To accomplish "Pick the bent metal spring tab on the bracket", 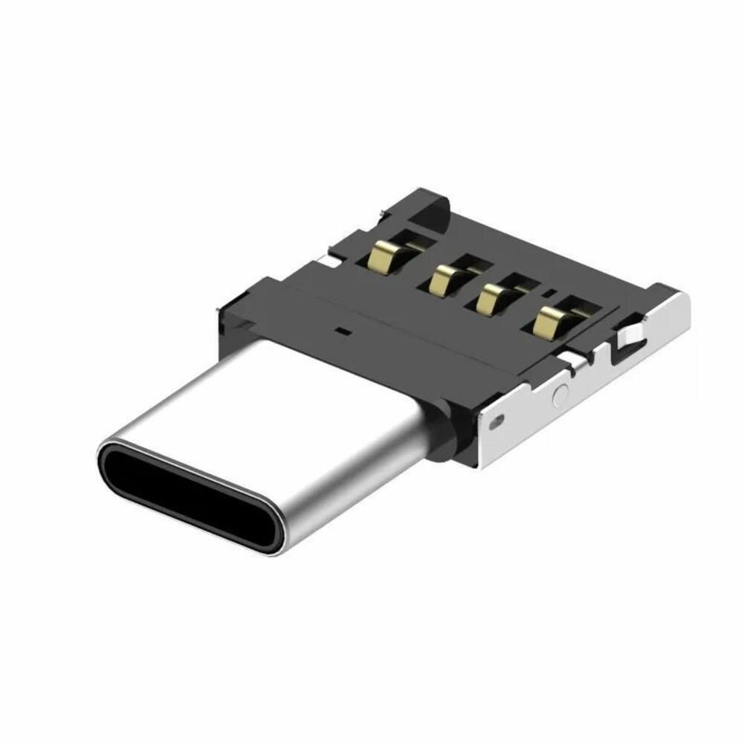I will [628, 338].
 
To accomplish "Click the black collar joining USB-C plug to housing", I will [446, 431].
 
